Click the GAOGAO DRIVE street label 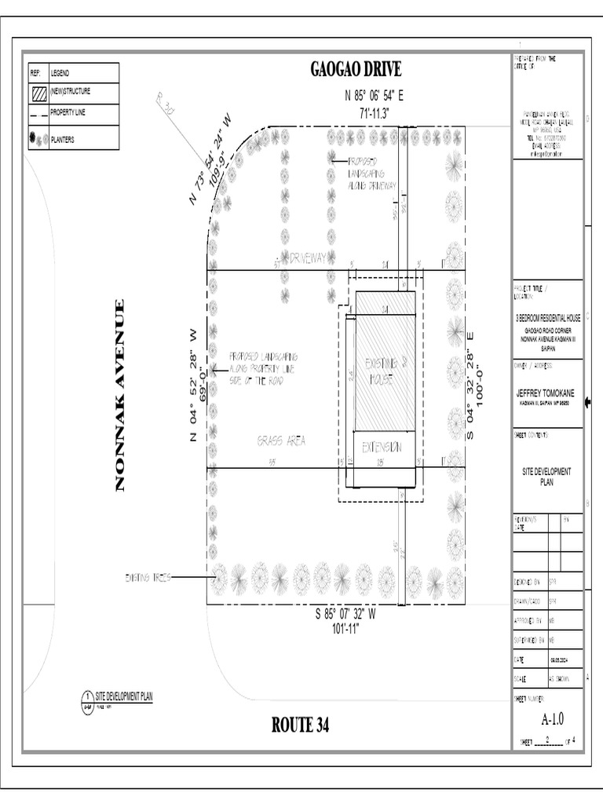pyautogui.click(x=356, y=70)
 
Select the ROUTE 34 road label pyautogui.click(x=301, y=725)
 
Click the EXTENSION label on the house pyautogui.click(x=382, y=447)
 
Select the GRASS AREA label pyautogui.click(x=280, y=441)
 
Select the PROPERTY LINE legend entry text pyautogui.click(x=70, y=113)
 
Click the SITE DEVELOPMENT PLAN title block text pyautogui.click(x=547, y=477)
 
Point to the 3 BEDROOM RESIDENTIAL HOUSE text pyautogui.click(x=547, y=319)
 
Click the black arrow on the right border pyautogui.click(x=588, y=404)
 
